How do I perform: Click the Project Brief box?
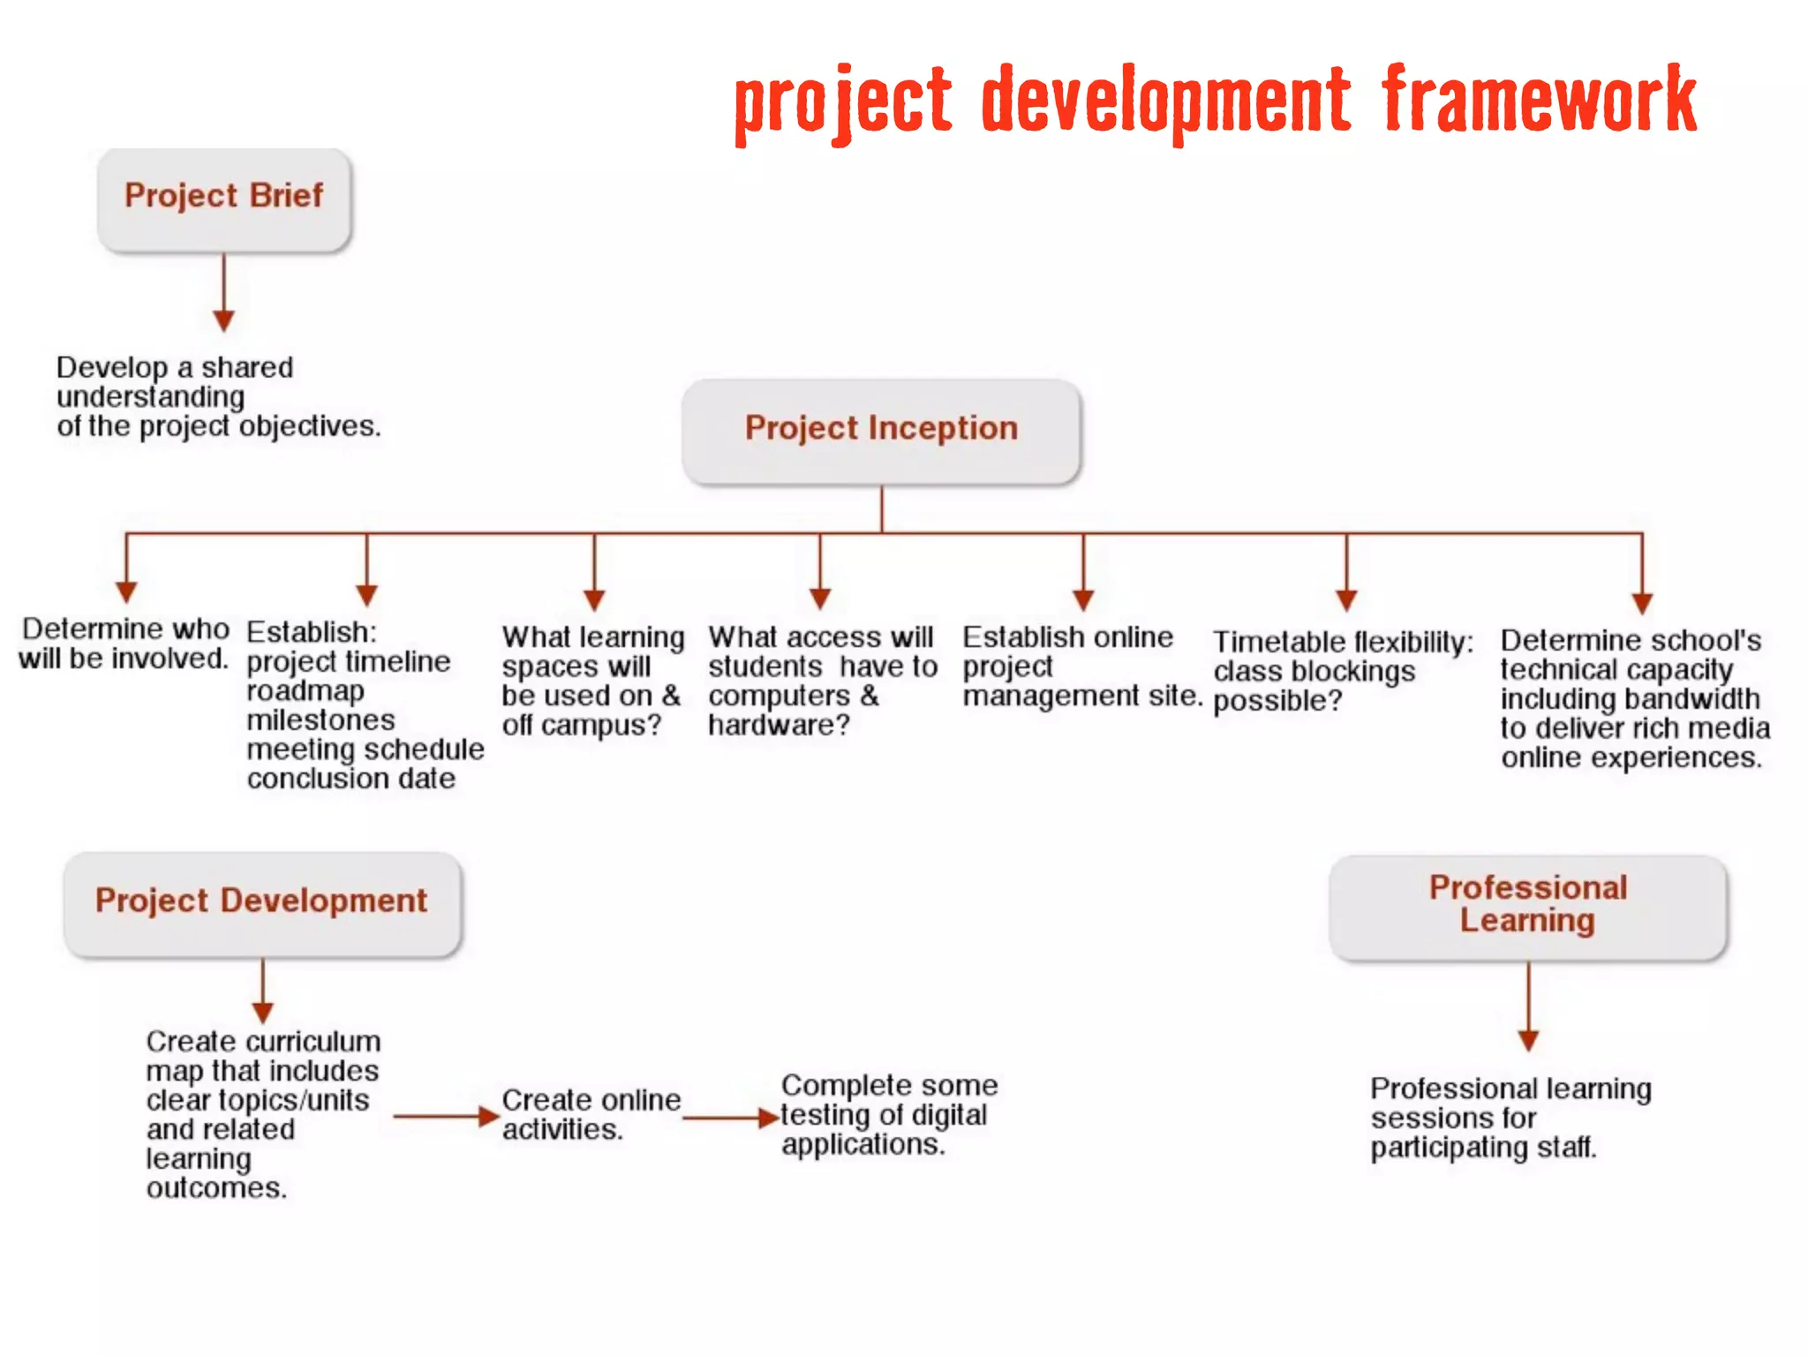pos(224,198)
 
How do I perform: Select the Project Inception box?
pos(881,430)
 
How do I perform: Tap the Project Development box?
pos(262,902)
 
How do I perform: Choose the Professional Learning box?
pos(1528,906)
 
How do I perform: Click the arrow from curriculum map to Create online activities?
pos(446,1116)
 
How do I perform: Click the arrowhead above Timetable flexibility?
pos(1346,599)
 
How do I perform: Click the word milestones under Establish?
pos(320,720)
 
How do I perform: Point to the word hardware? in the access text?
pos(779,726)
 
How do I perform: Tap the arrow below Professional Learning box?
pos(1529,1006)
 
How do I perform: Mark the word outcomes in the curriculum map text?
pos(216,1188)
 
